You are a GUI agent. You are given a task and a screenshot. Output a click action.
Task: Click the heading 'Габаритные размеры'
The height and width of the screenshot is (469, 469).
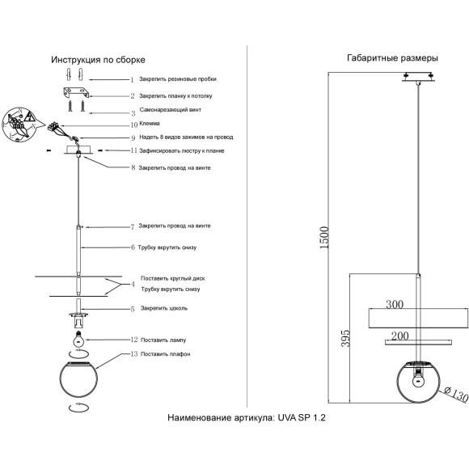392,59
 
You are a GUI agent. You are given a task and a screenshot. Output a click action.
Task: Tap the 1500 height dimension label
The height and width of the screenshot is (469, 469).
324,236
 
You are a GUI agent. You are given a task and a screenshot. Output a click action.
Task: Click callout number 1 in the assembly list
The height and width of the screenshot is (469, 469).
132,80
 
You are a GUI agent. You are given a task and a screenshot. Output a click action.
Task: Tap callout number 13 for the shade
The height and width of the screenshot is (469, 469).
133,354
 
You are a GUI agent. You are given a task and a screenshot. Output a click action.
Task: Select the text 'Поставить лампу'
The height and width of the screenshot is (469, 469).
167,340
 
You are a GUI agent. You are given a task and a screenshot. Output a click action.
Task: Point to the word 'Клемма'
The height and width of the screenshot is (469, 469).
150,125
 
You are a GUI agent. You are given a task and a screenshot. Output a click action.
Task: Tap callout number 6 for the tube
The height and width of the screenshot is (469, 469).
133,247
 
